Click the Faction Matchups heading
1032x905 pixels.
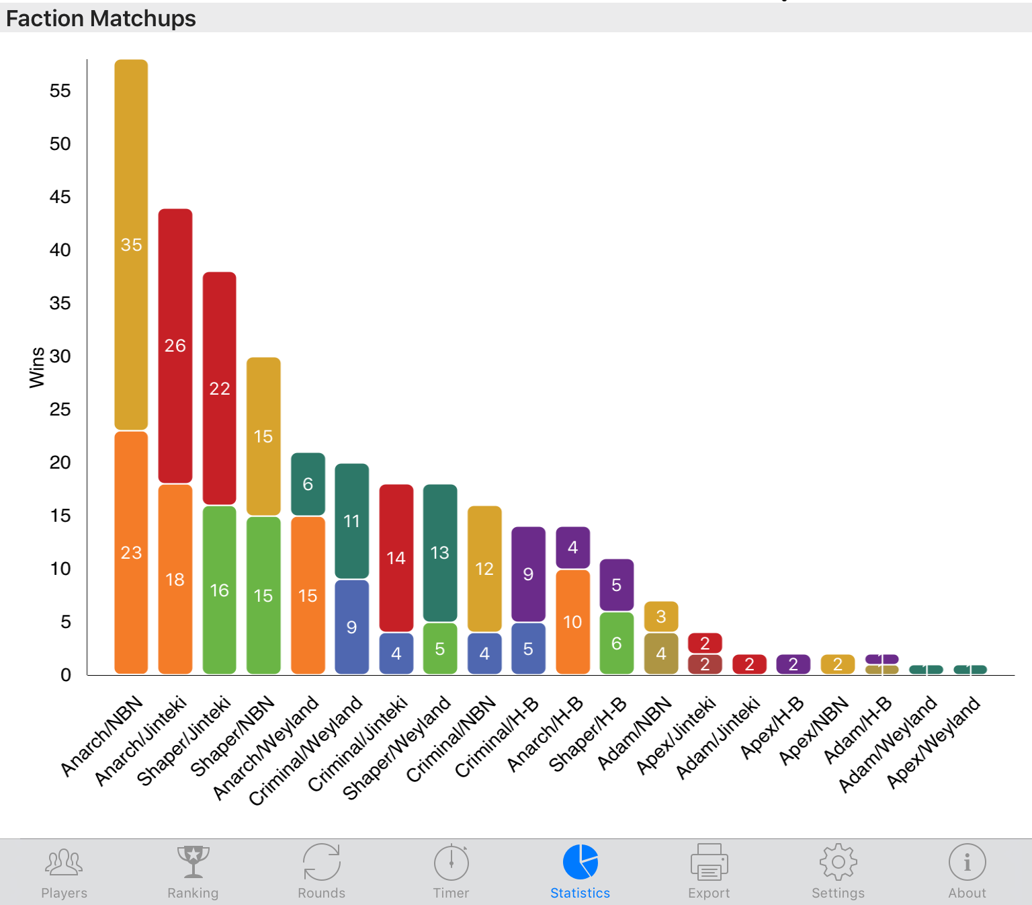(x=101, y=18)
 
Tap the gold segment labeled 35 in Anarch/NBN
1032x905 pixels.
(x=131, y=245)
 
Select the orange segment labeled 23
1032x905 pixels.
(x=131, y=553)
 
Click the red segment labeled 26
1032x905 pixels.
(x=175, y=346)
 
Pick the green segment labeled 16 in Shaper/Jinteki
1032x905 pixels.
(x=220, y=590)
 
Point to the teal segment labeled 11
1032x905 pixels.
(x=352, y=520)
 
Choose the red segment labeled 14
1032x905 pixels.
(x=396, y=558)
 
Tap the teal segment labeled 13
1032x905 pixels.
(x=440, y=553)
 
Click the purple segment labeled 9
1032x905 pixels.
(x=528, y=574)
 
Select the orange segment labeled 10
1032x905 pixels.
(x=572, y=622)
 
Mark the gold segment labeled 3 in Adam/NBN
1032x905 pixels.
(x=661, y=617)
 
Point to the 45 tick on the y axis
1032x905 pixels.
(x=60, y=197)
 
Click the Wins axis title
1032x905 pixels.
(x=37, y=368)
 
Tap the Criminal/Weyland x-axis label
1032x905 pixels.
(x=306, y=750)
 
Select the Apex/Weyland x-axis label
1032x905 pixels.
(x=933, y=742)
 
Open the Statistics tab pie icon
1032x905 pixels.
(x=580, y=862)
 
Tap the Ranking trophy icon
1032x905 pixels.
(x=193, y=862)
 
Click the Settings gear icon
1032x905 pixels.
(x=838, y=862)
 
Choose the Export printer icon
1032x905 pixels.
(x=709, y=862)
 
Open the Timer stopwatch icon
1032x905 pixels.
(x=451, y=862)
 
